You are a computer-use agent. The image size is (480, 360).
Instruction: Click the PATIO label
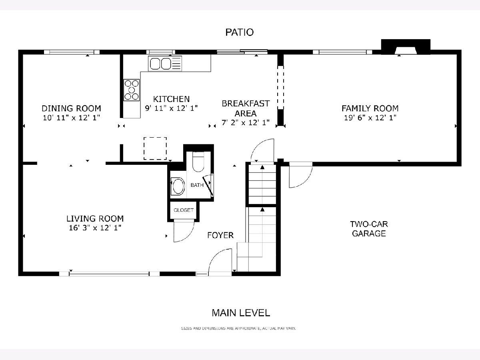(x=240, y=32)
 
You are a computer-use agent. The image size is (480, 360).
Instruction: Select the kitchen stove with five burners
(x=132, y=90)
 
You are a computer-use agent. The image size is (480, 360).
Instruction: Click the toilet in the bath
(x=198, y=162)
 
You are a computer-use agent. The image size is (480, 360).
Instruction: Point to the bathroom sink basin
(x=178, y=186)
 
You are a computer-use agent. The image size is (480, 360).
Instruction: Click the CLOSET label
(x=184, y=210)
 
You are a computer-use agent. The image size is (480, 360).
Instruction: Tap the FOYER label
(x=220, y=235)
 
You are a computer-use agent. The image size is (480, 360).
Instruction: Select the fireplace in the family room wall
(x=406, y=47)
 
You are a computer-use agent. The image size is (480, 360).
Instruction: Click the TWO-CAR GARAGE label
(x=369, y=229)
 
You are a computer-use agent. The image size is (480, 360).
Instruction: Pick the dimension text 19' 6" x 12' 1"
(x=370, y=118)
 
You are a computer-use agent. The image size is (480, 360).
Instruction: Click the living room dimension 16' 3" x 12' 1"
(x=95, y=228)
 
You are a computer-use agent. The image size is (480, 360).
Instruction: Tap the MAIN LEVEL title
(x=241, y=313)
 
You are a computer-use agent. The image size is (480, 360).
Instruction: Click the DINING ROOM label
(x=71, y=108)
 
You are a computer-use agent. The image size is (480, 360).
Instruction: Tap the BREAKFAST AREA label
(x=246, y=108)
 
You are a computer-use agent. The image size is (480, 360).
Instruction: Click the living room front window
(x=109, y=274)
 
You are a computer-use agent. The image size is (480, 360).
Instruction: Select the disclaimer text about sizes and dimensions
(x=238, y=328)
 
